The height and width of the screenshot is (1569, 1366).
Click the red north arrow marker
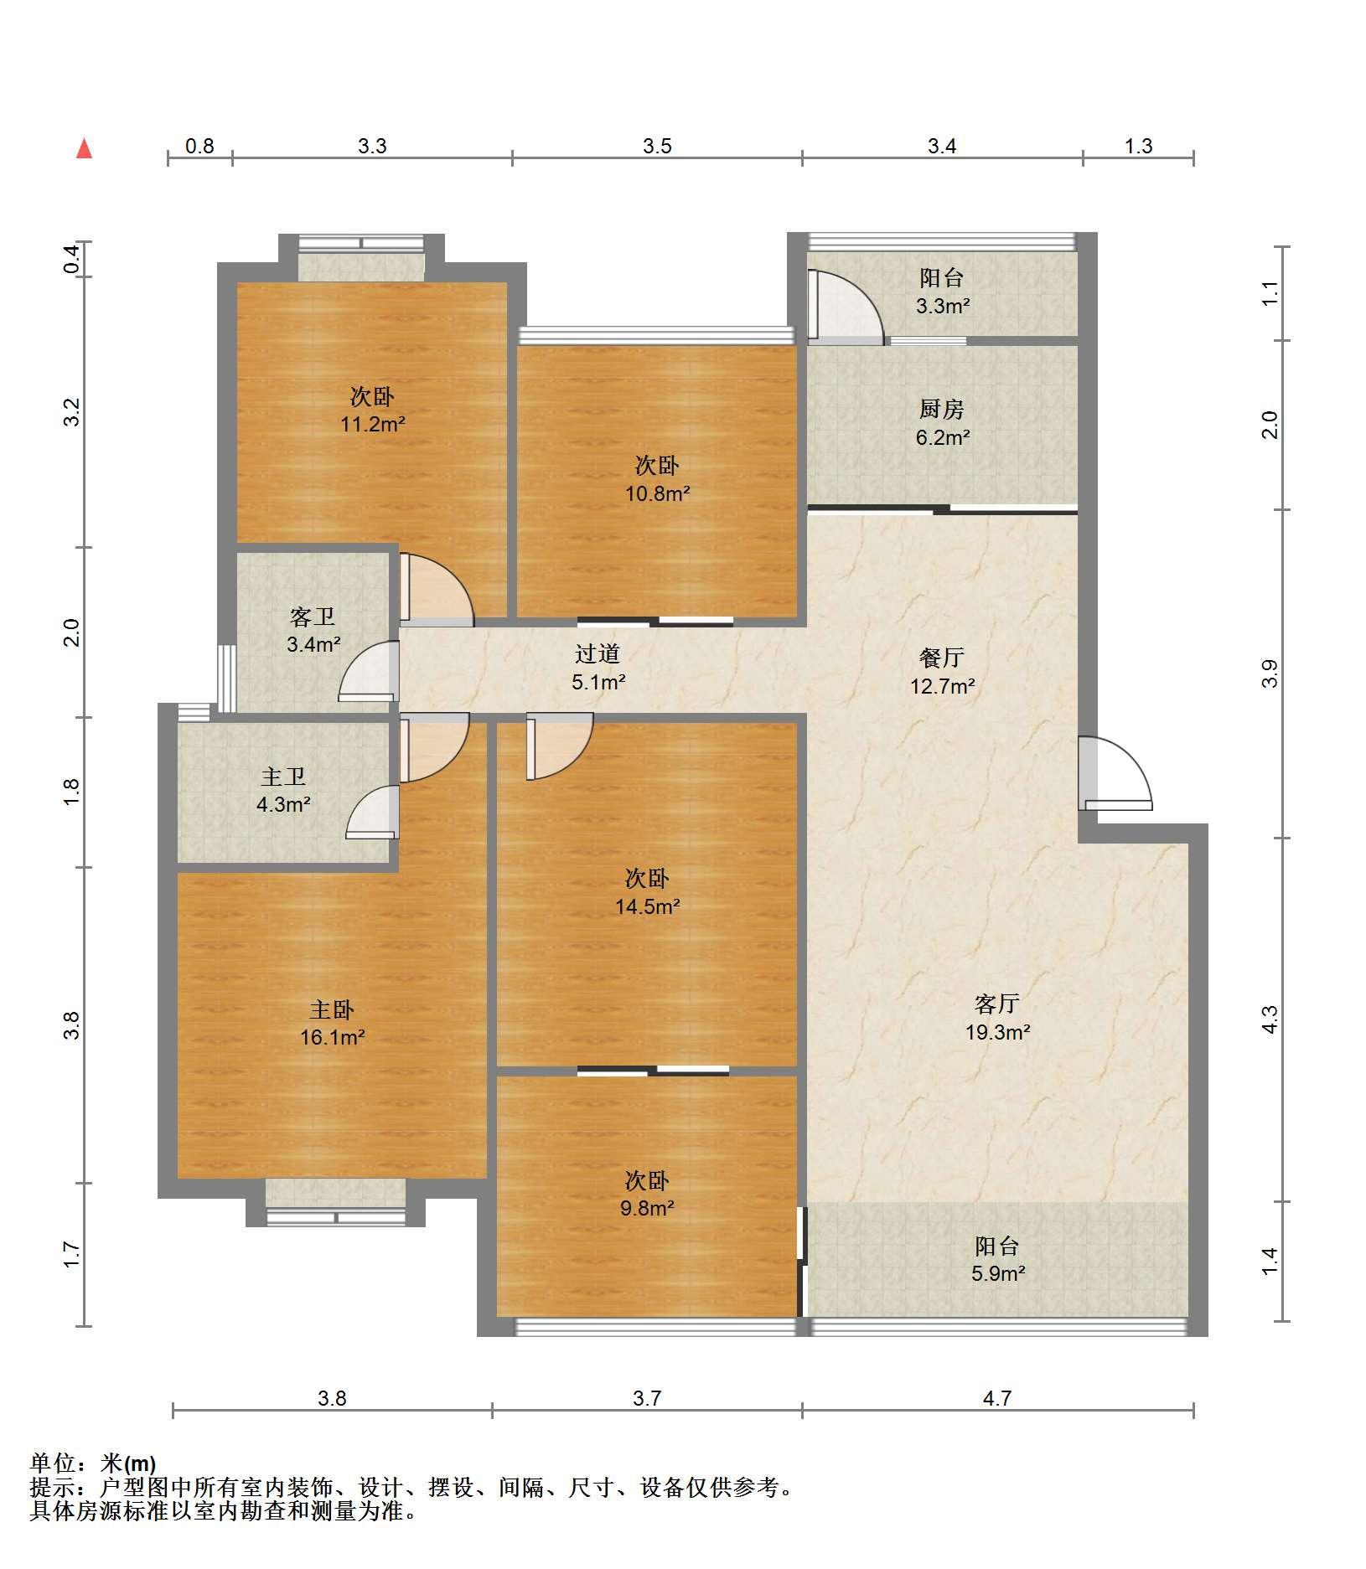click(x=84, y=149)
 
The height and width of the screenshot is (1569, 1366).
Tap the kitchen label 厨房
click(x=941, y=410)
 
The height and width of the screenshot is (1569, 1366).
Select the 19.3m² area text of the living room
click(x=997, y=1032)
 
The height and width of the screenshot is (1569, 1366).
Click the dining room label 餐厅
click(x=941, y=658)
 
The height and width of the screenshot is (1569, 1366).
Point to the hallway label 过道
click(x=598, y=653)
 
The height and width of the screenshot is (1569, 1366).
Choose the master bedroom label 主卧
click(x=332, y=1009)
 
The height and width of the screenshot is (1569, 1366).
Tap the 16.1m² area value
click(x=333, y=1038)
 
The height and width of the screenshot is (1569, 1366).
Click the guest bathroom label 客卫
click(x=313, y=617)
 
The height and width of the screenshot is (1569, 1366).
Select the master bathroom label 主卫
click(x=282, y=777)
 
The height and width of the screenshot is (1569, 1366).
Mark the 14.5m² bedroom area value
click(x=647, y=906)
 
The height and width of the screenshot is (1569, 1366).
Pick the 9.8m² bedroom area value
click(x=647, y=1208)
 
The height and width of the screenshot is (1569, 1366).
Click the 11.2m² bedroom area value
click(x=372, y=424)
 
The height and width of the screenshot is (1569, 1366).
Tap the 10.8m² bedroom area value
click(x=657, y=493)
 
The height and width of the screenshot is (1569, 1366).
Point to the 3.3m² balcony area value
click(x=942, y=306)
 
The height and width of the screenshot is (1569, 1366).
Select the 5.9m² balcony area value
click(x=997, y=1274)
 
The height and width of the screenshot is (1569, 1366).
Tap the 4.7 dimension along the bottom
click(x=996, y=1398)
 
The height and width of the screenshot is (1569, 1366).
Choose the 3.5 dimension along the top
click(x=657, y=147)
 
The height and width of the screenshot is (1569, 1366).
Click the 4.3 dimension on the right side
click(x=1270, y=1019)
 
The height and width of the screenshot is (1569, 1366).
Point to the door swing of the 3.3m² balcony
click(x=845, y=306)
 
